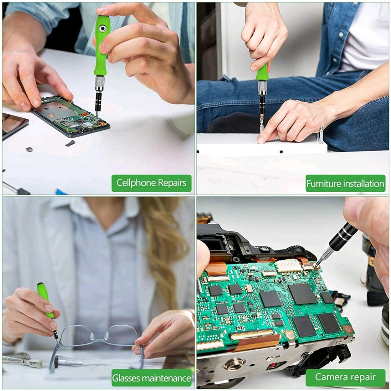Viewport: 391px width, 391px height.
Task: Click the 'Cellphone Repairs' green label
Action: [151, 183]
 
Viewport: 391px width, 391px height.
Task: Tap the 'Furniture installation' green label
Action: [345, 183]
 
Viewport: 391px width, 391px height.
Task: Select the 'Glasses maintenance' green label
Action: [151, 378]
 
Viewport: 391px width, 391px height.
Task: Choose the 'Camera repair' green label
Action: [345, 377]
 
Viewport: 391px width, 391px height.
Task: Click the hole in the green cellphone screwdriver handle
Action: [103, 29]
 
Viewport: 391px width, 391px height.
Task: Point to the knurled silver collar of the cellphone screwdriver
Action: [100, 84]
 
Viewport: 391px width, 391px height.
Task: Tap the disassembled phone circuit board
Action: [70, 116]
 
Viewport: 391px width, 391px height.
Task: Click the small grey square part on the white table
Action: [29, 149]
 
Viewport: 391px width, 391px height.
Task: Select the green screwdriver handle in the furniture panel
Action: [262, 72]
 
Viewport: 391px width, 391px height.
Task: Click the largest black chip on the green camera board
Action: [302, 294]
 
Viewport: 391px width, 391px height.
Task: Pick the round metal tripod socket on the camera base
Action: [235, 364]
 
